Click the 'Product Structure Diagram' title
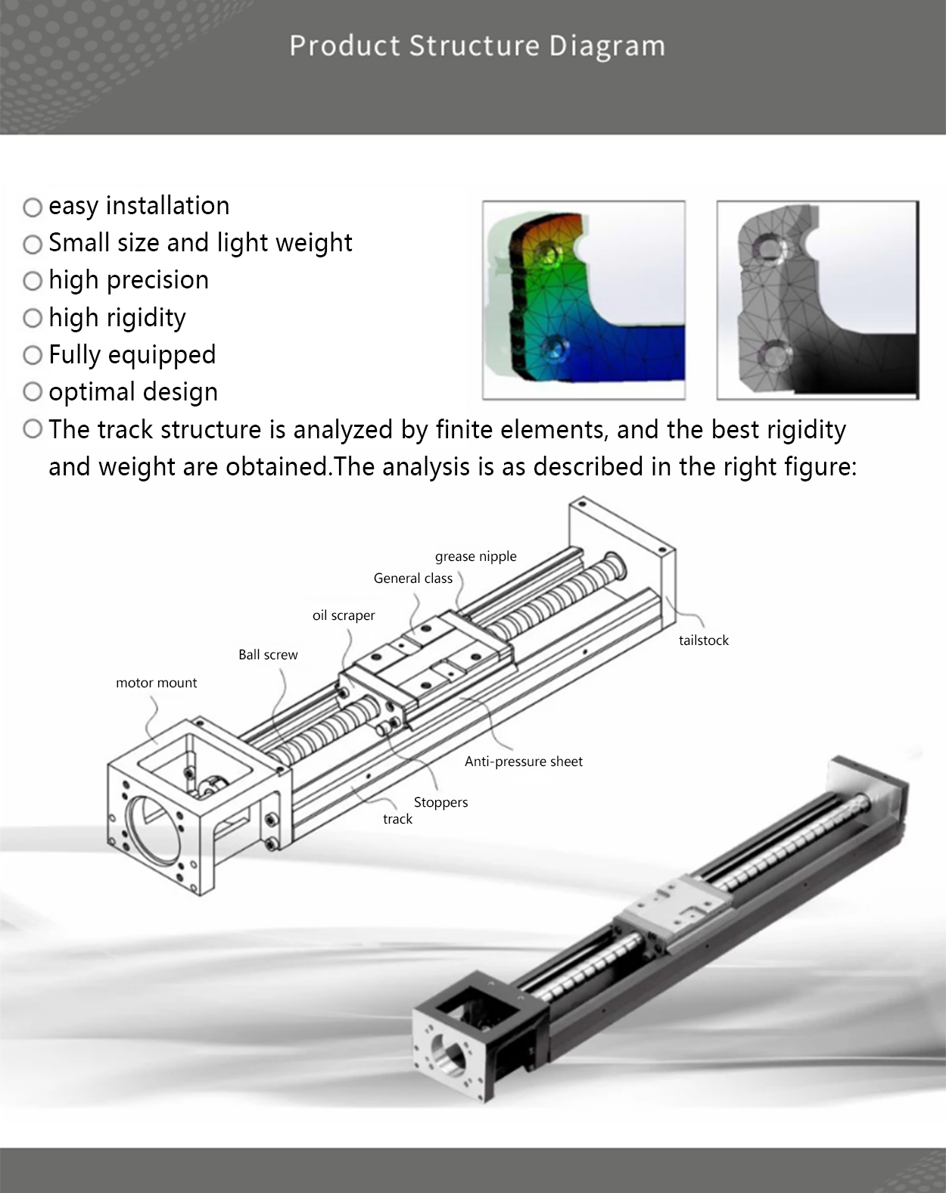tap(477, 46)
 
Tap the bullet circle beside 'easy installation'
tap(33, 207)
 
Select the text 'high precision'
tap(129, 280)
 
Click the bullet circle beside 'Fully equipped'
tap(33, 355)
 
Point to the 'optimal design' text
tap(133, 392)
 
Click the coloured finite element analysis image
tap(583, 300)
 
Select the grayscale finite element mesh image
tap(817, 300)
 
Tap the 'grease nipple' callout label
tap(475, 556)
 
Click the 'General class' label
tap(412, 578)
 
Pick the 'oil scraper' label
tap(344, 615)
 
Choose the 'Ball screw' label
tap(268, 655)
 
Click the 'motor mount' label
tap(156, 683)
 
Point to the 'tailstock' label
tap(703, 640)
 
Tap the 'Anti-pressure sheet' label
tap(524, 762)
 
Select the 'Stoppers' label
tap(440, 802)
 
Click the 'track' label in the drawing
tap(397, 819)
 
